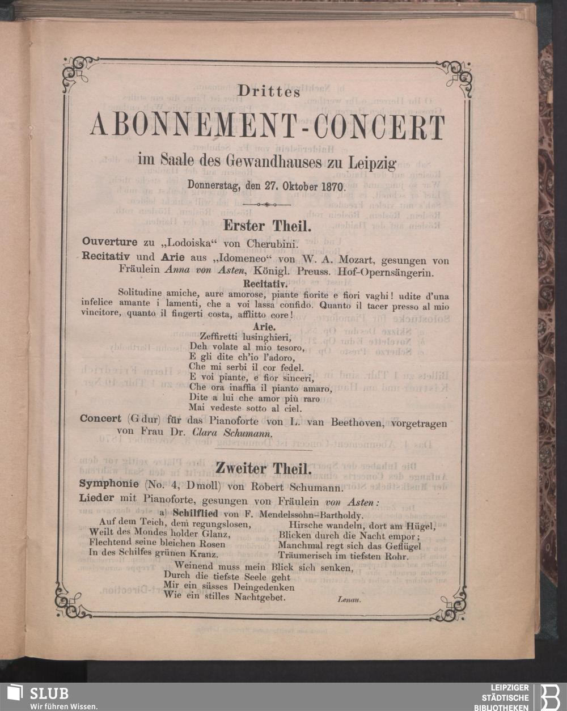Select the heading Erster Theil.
[x=267, y=226]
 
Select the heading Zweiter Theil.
[x=263, y=468]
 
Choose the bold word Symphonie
[x=108, y=485]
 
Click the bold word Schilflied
[x=196, y=514]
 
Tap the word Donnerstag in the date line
[x=214, y=185]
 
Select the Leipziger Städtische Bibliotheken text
[x=505, y=697]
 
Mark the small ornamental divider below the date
[x=266, y=204]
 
